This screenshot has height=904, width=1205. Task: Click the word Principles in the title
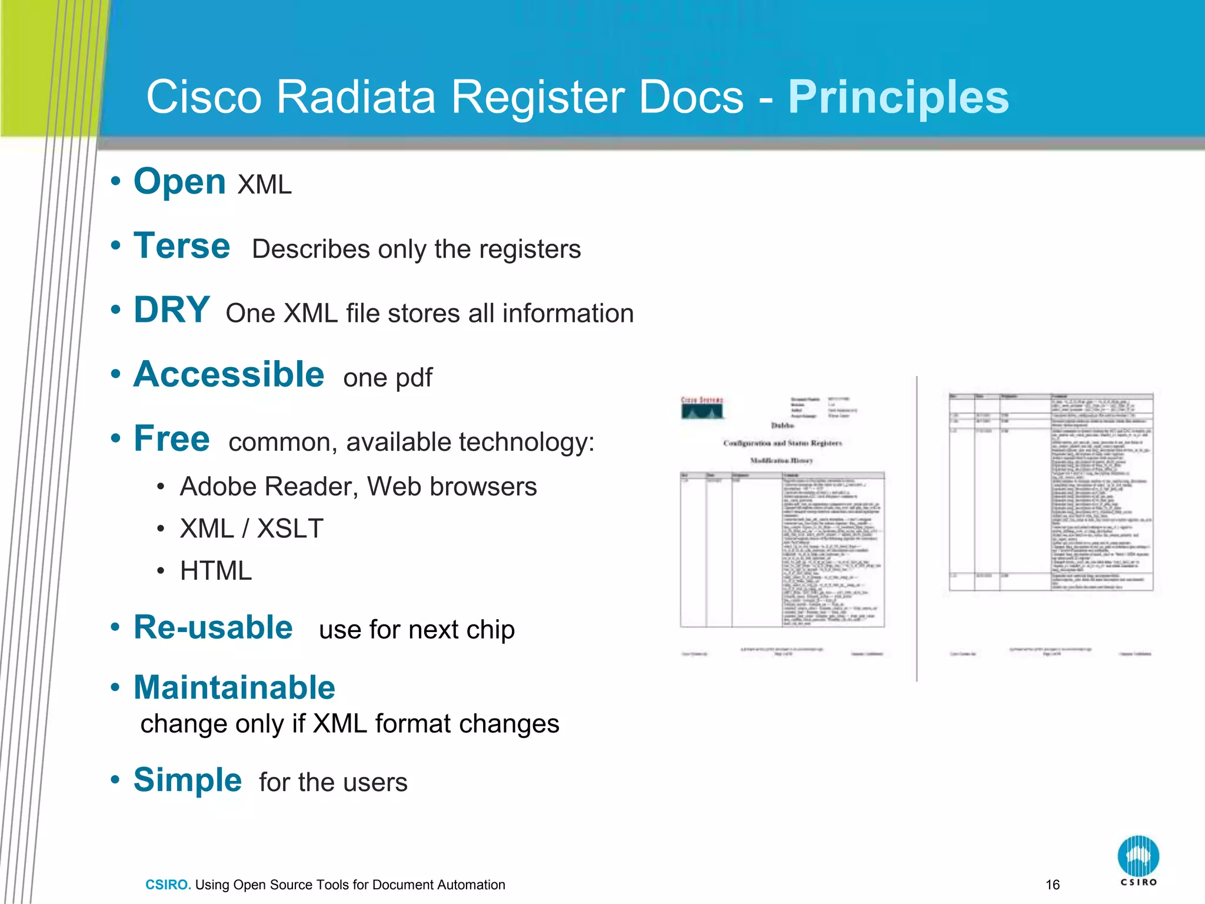point(898,98)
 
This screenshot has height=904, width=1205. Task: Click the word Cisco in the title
point(204,98)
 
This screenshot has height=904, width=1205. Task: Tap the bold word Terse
point(182,246)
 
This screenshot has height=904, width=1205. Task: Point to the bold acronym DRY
point(171,310)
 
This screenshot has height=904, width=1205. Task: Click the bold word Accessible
point(229,374)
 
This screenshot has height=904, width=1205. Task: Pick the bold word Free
point(171,439)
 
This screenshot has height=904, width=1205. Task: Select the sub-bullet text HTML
point(216,571)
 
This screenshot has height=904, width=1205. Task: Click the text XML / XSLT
point(252,529)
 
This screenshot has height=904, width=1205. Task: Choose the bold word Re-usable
point(213,627)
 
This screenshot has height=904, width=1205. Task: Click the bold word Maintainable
point(234,687)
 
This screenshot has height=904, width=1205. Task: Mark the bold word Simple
point(188,780)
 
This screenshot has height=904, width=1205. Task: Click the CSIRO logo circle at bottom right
point(1138,855)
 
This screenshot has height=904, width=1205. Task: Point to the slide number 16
point(1053,885)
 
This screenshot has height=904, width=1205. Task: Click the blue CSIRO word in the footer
point(168,885)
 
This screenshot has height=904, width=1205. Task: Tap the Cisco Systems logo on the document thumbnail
point(702,407)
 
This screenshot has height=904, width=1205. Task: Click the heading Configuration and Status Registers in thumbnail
point(783,443)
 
